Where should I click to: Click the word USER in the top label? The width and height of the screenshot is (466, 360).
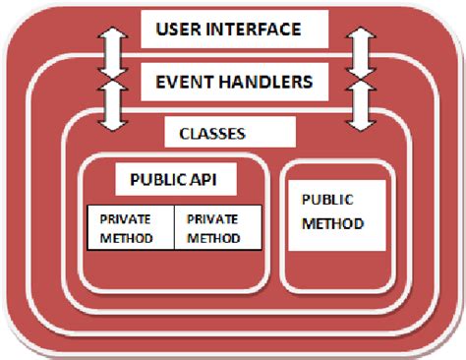click(181, 30)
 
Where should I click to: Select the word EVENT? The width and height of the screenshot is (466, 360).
click(191, 82)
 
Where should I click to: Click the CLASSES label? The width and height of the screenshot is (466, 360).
click(212, 131)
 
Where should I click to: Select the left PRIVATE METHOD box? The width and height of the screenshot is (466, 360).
click(131, 228)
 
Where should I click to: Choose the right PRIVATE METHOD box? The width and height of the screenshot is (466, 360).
click(217, 228)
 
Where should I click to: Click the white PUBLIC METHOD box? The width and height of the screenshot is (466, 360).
click(332, 212)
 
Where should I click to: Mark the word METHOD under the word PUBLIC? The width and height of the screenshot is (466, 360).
click(332, 223)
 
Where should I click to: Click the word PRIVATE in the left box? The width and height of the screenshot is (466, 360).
click(125, 219)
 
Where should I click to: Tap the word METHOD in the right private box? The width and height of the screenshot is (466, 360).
click(212, 237)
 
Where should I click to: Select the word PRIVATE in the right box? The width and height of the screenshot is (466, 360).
click(212, 219)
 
